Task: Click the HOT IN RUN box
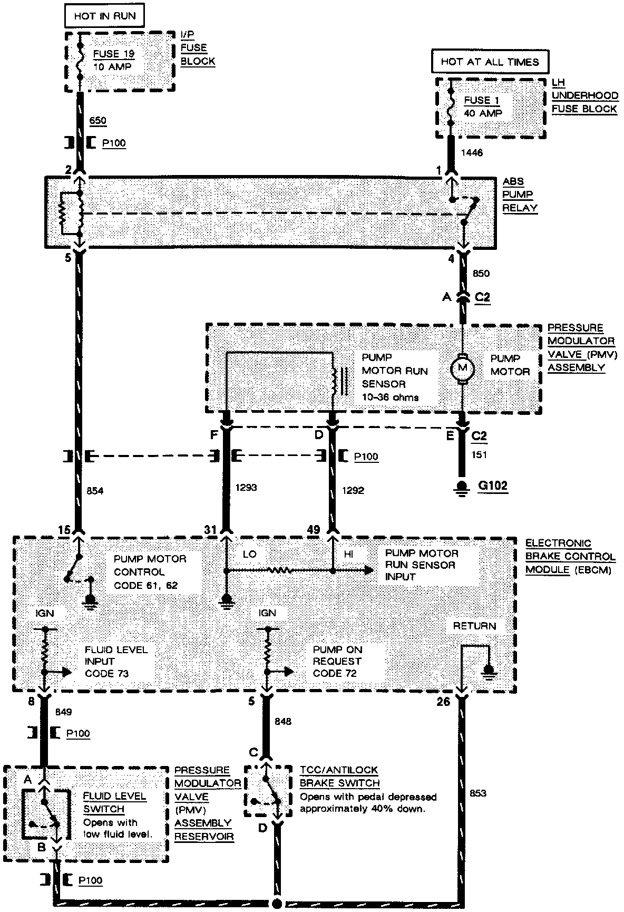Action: (104, 16)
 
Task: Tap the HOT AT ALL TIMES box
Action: (490, 62)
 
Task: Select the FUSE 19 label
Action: (114, 54)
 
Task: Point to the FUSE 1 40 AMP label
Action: (482, 106)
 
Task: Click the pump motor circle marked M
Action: (462, 367)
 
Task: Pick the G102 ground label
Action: (493, 485)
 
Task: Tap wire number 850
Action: (481, 273)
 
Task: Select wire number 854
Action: (95, 491)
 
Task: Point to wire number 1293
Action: (246, 488)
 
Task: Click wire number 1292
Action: (353, 490)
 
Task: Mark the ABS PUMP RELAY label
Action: (520, 195)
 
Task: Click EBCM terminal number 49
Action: (313, 530)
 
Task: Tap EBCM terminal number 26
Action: (444, 702)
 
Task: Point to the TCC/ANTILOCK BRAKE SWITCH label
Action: (339, 777)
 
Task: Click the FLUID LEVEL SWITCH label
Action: (107, 802)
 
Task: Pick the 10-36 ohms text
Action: (390, 397)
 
